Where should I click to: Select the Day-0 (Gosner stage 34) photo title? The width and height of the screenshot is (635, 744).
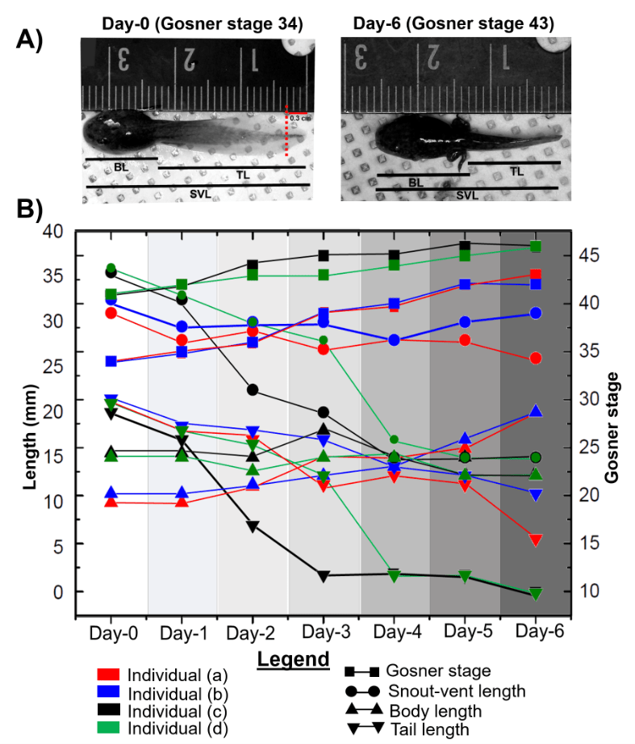(203, 24)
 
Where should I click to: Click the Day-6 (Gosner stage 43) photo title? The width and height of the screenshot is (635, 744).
(453, 24)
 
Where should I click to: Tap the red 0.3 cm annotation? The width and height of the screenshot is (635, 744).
(301, 119)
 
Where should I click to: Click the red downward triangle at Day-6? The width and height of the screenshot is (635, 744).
(536, 540)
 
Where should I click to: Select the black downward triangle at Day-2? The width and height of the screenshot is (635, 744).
(252, 527)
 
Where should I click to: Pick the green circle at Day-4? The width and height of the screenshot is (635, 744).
(395, 439)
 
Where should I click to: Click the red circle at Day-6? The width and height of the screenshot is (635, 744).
(536, 358)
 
